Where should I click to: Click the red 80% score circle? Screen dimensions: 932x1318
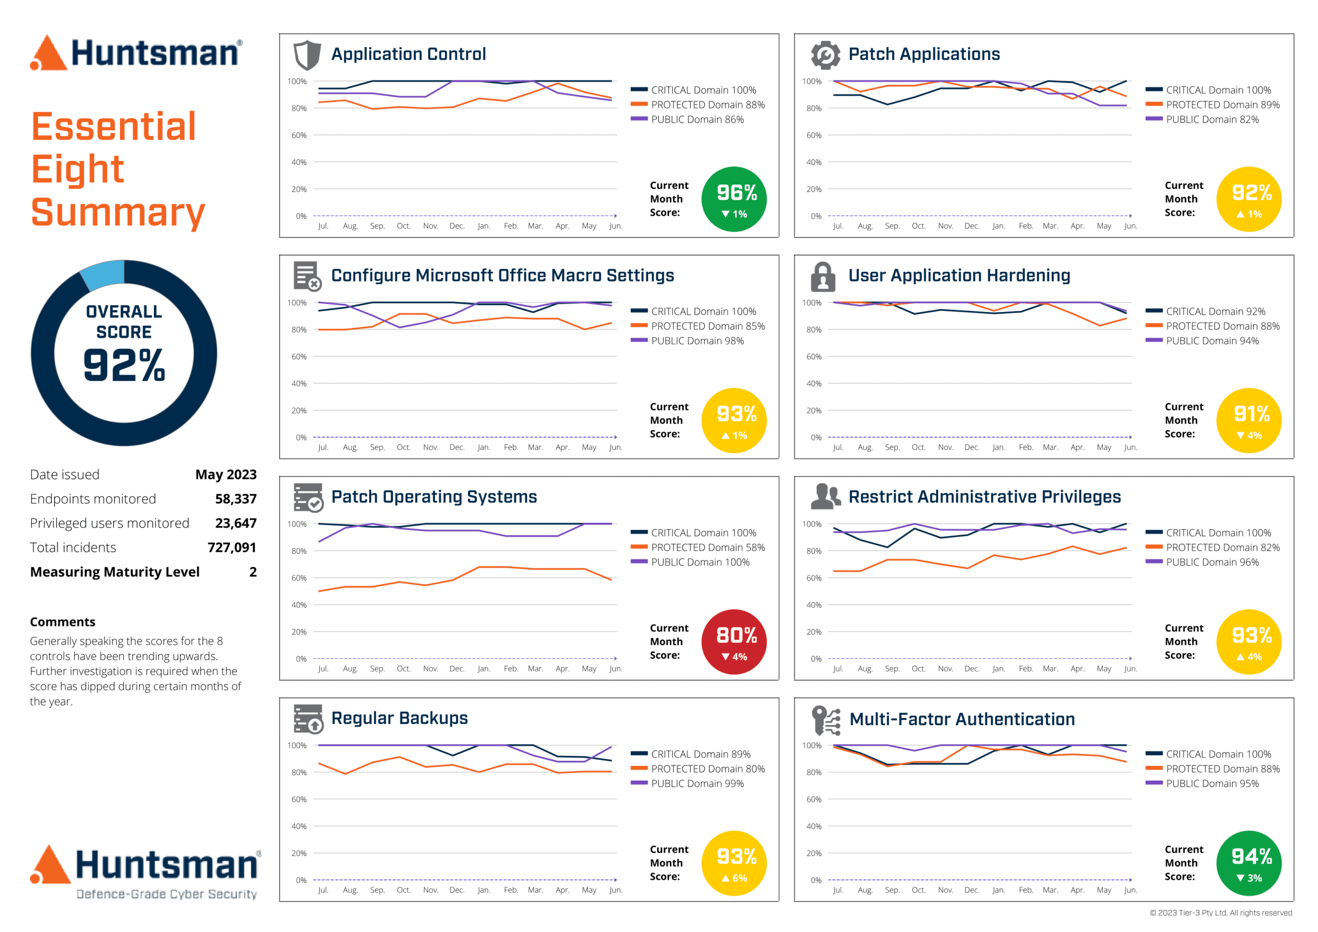[x=734, y=641]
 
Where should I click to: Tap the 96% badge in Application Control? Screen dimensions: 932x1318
[x=734, y=199]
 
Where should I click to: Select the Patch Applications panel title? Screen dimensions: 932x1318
[x=924, y=54]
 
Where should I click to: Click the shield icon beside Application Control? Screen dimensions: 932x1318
[x=306, y=55]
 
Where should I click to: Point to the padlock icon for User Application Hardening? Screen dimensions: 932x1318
[x=823, y=277]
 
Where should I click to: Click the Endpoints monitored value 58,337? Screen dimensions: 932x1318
[x=235, y=499]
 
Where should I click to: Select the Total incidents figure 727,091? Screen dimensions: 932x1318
[x=231, y=548]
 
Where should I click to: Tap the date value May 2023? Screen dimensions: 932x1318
[x=226, y=474]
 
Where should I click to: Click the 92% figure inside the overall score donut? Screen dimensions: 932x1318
[x=124, y=365]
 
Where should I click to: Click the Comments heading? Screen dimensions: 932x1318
[x=63, y=622]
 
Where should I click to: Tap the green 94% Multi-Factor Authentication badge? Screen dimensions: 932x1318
[x=1248, y=863]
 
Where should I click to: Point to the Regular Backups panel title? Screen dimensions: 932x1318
[x=399, y=718]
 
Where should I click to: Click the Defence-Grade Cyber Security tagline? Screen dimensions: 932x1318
[x=166, y=894]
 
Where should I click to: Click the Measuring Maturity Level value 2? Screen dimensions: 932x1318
[x=253, y=572]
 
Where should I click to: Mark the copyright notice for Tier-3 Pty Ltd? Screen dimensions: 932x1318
[x=1220, y=912]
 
